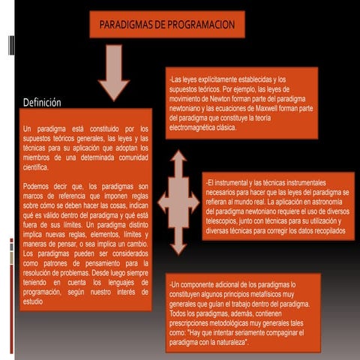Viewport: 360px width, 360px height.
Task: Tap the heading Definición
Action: [41, 102]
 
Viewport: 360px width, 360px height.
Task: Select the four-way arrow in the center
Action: [178, 200]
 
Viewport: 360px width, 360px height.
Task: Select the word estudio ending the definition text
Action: [34, 302]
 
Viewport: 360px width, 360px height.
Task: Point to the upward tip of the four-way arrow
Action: [178, 154]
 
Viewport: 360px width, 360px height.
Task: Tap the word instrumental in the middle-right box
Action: [235, 183]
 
